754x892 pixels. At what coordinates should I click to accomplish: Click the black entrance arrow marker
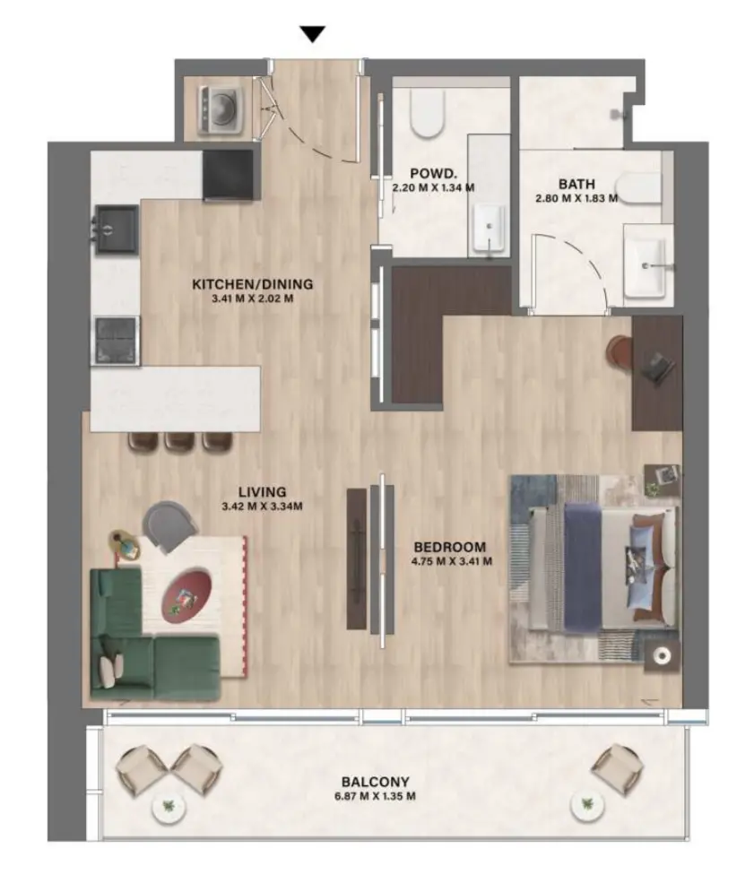click(312, 35)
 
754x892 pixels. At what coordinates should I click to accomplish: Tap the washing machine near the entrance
click(216, 107)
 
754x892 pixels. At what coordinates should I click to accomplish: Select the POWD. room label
click(433, 173)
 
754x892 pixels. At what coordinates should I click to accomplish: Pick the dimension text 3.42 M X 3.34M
click(262, 506)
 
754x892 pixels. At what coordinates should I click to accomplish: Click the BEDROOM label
click(449, 547)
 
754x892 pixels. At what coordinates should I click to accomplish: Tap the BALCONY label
click(375, 782)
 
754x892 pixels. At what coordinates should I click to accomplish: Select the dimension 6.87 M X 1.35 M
click(375, 796)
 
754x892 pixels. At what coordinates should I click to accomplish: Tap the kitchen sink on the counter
click(117, 229)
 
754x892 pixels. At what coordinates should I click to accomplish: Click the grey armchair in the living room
click(170, 523)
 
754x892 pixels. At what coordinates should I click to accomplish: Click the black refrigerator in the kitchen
click(229, 174)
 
